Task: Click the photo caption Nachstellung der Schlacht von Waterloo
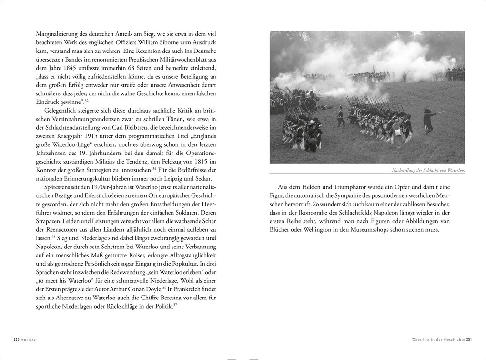pyautogui.click(x=427, y=170)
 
